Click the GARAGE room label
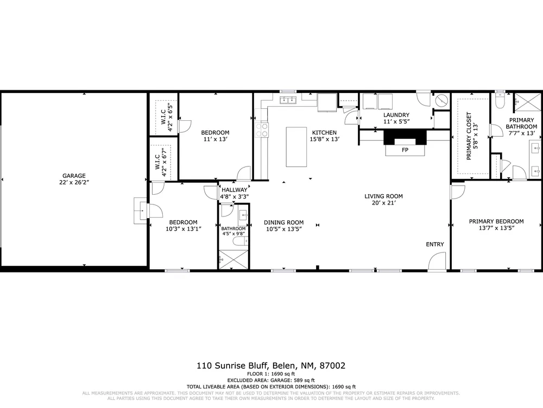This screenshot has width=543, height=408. (74, 176)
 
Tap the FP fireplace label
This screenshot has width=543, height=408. (405, 150)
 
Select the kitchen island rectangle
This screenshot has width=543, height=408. (296, 147)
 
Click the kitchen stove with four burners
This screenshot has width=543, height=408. (262, 130)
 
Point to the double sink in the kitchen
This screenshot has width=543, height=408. (288, 100)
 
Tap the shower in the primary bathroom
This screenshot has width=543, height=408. (527, 102)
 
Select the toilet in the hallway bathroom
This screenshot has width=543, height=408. (239, 241)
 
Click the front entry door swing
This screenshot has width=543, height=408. (437, 261)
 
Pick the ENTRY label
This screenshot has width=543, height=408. (434, 244)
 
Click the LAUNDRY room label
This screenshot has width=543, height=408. (396, 115)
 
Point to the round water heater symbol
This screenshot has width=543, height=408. (441, 100)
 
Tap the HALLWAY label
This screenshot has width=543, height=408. (235, 190)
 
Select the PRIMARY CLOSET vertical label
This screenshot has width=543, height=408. (469, 135)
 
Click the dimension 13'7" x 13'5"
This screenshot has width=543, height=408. (496, 228)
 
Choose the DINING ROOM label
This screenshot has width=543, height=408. (283, 222)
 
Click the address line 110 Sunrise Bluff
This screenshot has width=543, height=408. (232, 366)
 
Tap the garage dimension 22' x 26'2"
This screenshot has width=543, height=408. (74, 182)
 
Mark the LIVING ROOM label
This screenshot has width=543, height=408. (383, 196)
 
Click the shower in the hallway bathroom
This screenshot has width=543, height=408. (233, 259)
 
